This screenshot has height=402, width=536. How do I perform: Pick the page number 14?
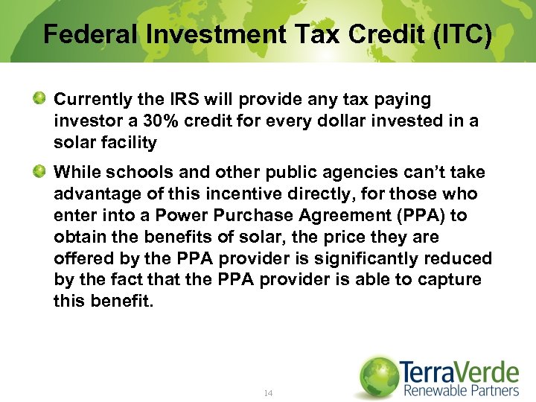[268, 392]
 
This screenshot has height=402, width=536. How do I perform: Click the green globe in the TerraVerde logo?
[378, 376]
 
